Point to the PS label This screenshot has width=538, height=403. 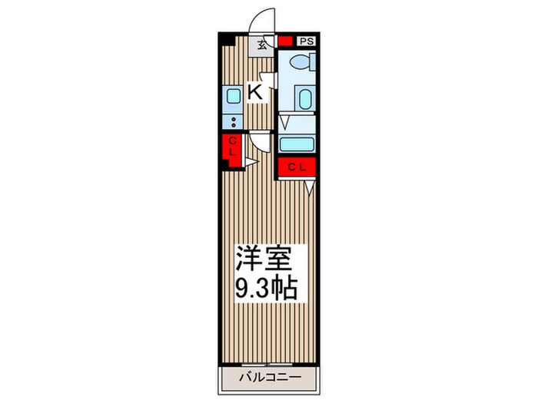[306, 42]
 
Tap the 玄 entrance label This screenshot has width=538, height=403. [263, 44]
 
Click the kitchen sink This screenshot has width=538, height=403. [233, 97]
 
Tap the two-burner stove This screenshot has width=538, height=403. [233, 121]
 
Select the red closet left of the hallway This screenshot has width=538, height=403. [231, 147]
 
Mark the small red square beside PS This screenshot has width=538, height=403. [286, 42]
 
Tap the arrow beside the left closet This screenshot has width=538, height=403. [250, 162]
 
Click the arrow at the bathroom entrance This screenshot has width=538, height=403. [284, 121]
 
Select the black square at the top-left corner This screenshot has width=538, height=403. [224, 38]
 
